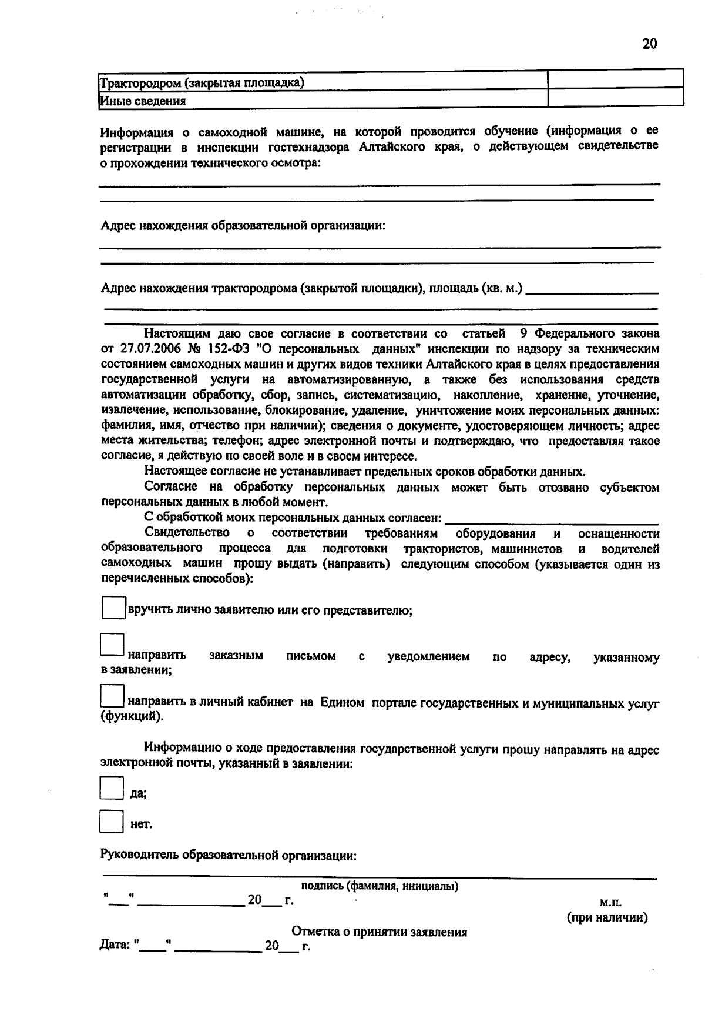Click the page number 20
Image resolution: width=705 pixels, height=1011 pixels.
click(x=649, y=44)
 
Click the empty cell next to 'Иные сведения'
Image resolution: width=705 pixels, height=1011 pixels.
click(x=615, y=98)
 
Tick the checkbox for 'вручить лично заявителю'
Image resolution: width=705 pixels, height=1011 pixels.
click(x=113, y=608)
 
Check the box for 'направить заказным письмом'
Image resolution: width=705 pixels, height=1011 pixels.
click(x=112, y=644)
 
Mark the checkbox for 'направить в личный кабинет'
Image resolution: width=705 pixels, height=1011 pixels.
click(x=112, y=696)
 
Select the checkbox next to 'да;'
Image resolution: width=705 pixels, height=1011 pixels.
click(x=112, y=788)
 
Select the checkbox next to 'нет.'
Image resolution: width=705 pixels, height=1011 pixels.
click(x=112, y=821)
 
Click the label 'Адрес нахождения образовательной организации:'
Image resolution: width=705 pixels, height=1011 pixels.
click(x=243, y=226)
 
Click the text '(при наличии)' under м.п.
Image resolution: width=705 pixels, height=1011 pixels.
click(x=607, y=917)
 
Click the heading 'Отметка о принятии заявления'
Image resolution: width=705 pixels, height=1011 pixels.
click(x=380, y=932)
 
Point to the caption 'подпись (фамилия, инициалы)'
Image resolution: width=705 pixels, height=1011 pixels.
click(x=380, y=886)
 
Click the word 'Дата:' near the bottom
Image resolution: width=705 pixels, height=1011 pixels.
click(x=115, y=946)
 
